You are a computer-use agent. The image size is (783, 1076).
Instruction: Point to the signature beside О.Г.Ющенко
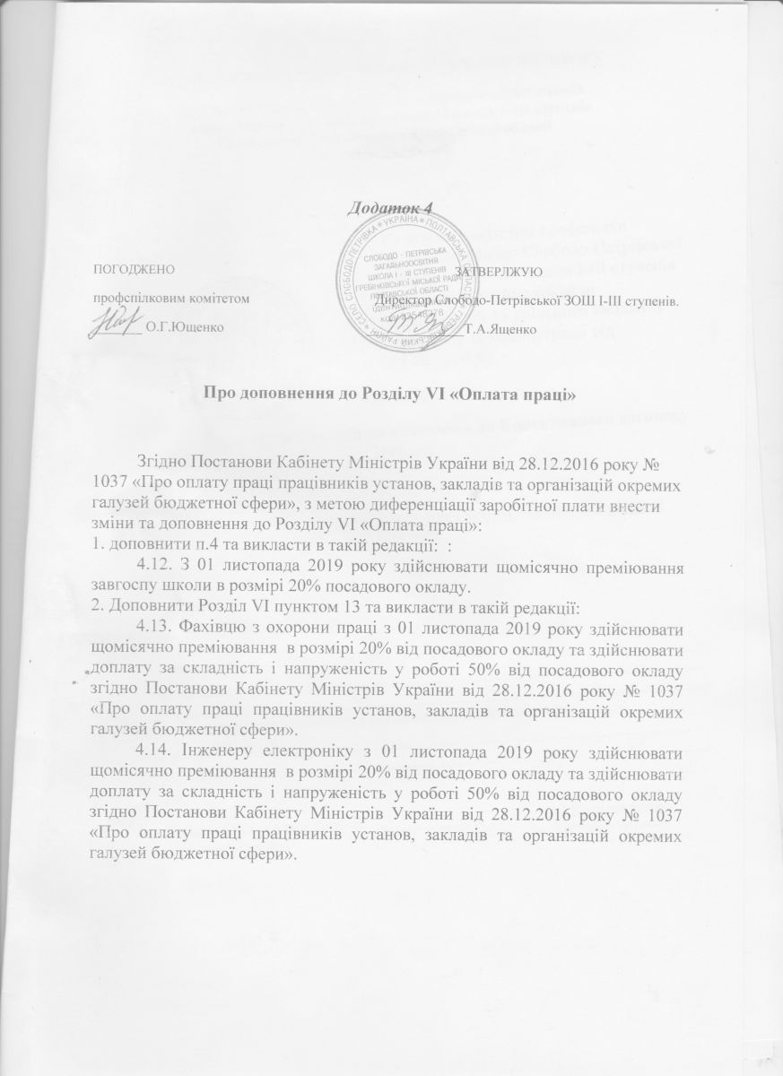[x=118, y=323]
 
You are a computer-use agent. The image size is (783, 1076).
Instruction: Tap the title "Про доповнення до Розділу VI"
[x=390, y=393]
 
